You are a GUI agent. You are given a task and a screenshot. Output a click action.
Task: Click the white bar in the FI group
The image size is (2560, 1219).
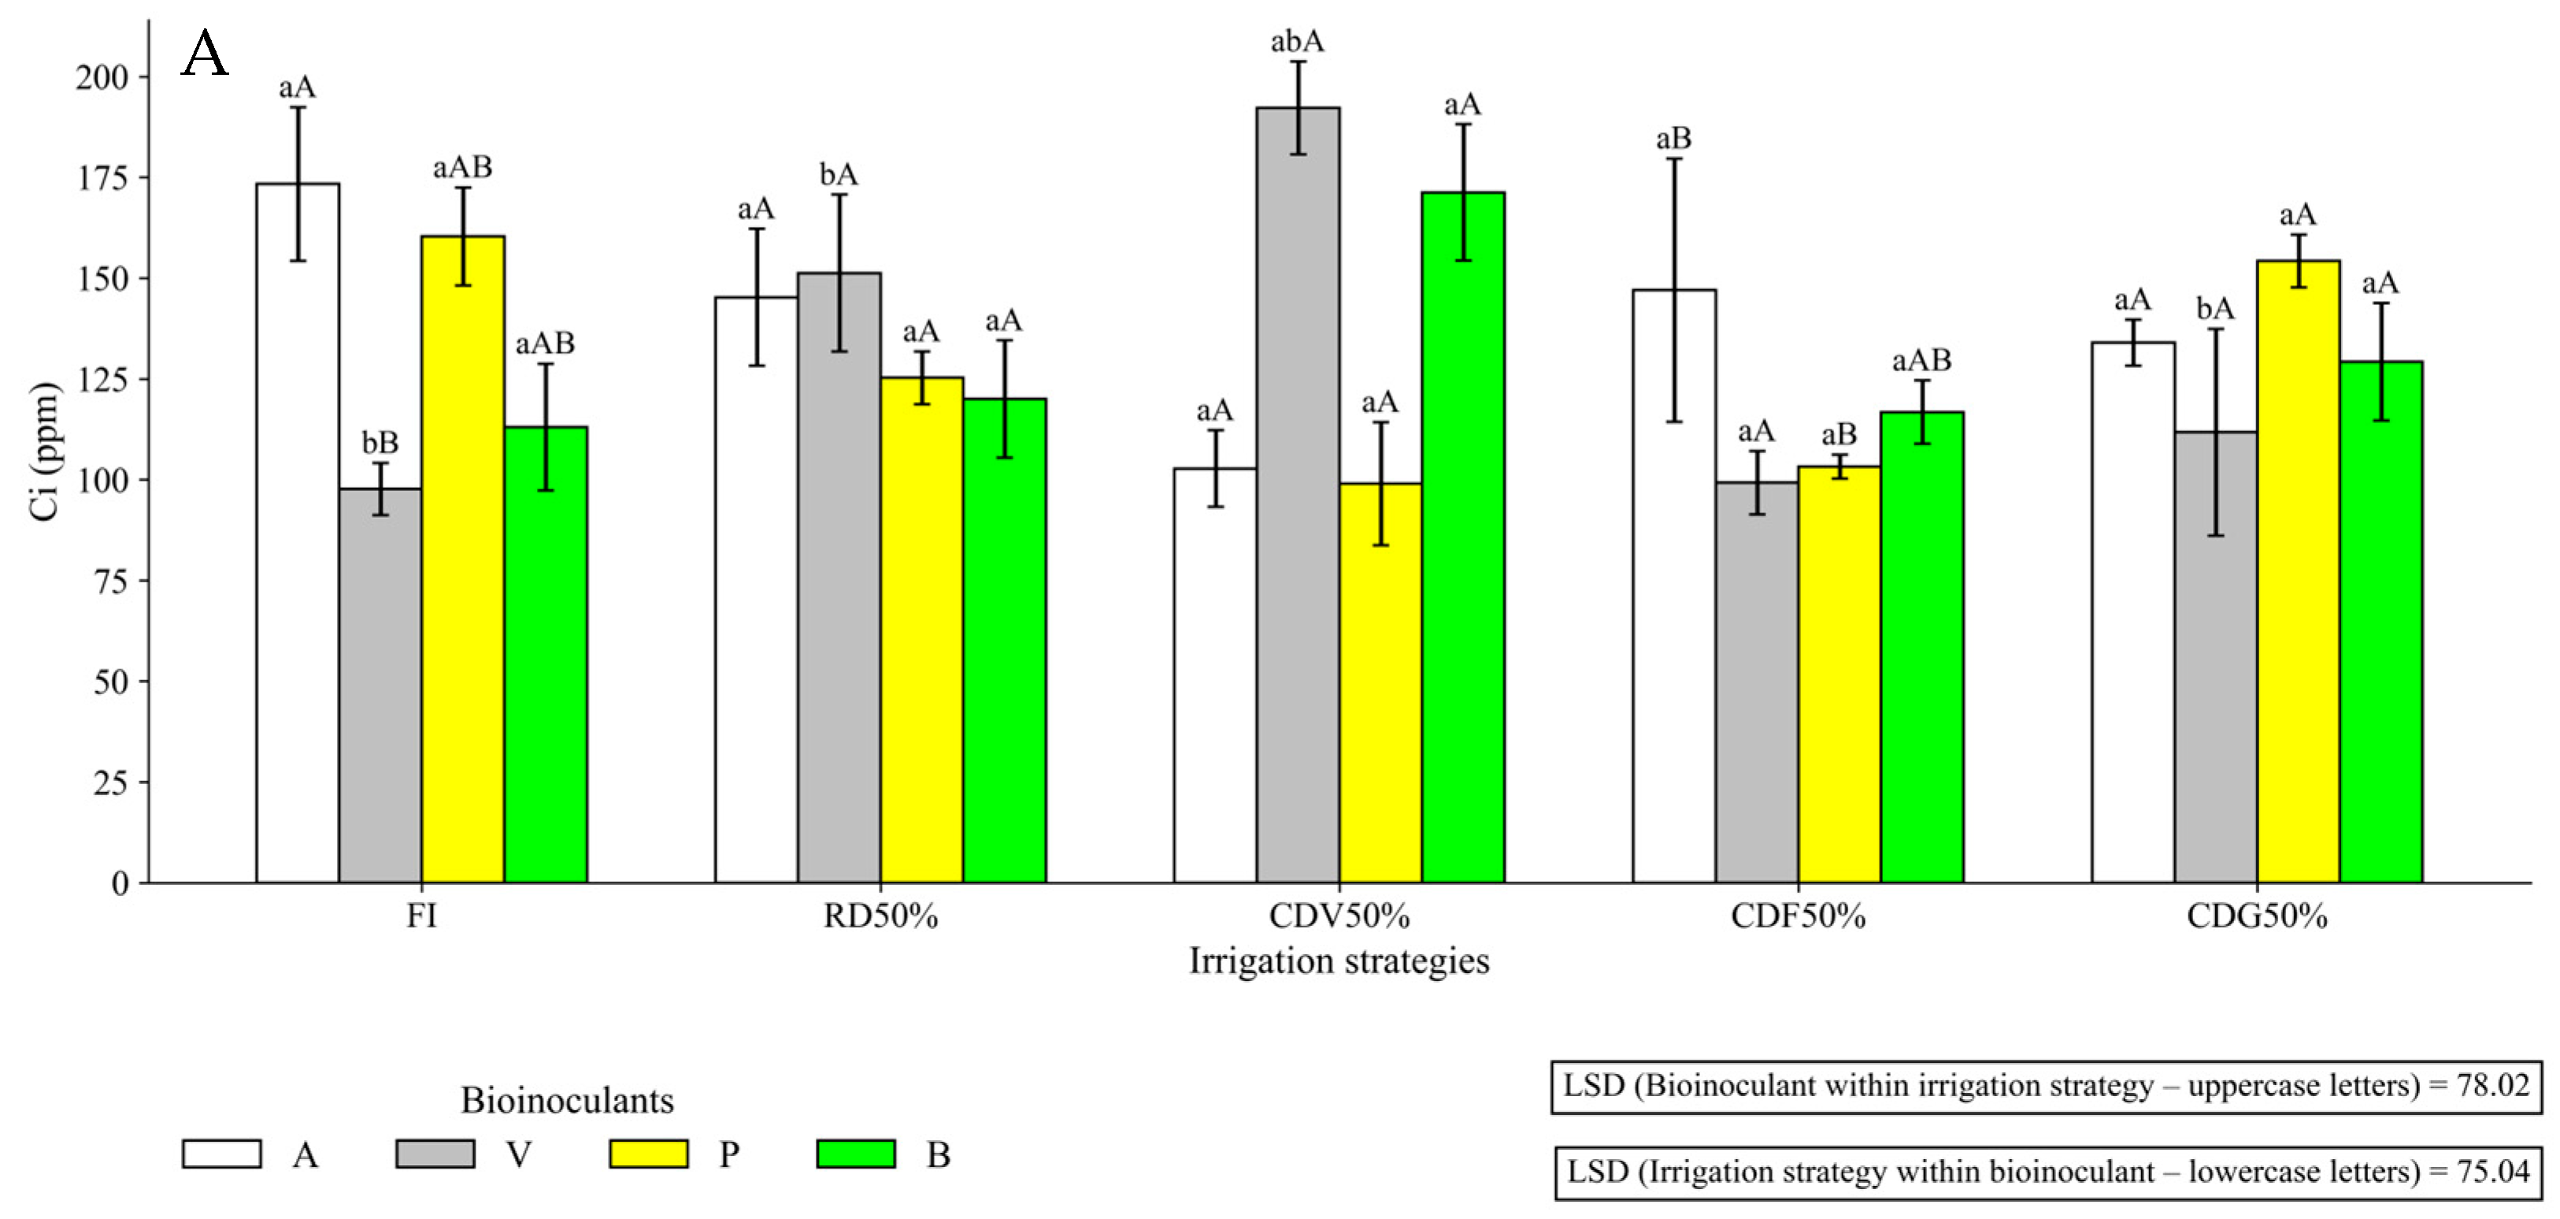pyautogui.click(x=297, y=533)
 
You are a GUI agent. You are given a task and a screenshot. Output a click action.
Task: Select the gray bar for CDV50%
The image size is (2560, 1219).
pyautogui.click(x=1298, y=495)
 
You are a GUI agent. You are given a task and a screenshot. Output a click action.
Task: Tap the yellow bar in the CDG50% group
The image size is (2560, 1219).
pyautogui.click(x=2299, y=572)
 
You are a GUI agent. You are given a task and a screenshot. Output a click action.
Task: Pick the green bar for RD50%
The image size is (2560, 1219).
pyautogui.click(x=1005, y=641)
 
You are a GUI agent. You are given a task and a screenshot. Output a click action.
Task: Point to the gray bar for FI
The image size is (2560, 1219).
pyautogui.click(x=380, y=686)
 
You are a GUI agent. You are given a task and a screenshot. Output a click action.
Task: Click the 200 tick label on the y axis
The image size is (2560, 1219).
pyautogui.click(x=102, y=77)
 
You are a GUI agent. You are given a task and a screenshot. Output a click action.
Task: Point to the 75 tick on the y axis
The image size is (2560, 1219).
pyautogui.click(x=111, y=582)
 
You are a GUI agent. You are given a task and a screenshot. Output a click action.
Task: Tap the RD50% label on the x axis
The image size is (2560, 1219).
pyautogui.click(x=880, y=916)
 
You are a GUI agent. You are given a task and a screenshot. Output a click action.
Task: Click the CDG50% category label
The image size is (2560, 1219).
pyautogui.click(x=2257, y=916)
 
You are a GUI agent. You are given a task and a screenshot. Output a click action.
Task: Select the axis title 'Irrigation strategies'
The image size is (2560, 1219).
pyautogui.click(x=1339, y=961)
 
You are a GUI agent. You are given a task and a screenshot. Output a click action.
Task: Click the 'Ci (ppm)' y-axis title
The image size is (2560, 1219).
pyautogui.click(x=46, y=451)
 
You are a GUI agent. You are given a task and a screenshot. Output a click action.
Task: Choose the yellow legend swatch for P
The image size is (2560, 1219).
pyautogui.click(x=649, y=1154)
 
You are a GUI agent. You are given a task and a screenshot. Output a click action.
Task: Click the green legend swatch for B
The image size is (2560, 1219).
pyautogui.click(x=856, y=1154)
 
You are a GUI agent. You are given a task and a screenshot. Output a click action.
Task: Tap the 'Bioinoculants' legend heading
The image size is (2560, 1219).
pyautogui.click(x=568, y=1101)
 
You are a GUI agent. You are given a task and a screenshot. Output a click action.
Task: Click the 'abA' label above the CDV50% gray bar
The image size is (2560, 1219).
pyautogui.click(x=1298, y=42)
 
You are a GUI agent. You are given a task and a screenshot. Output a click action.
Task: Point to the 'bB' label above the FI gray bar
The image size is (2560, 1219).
pyautogui.click(x=380, y=443)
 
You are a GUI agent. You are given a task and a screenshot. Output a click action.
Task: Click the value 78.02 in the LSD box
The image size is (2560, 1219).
pyautogui.click(x=2493, y=1085)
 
